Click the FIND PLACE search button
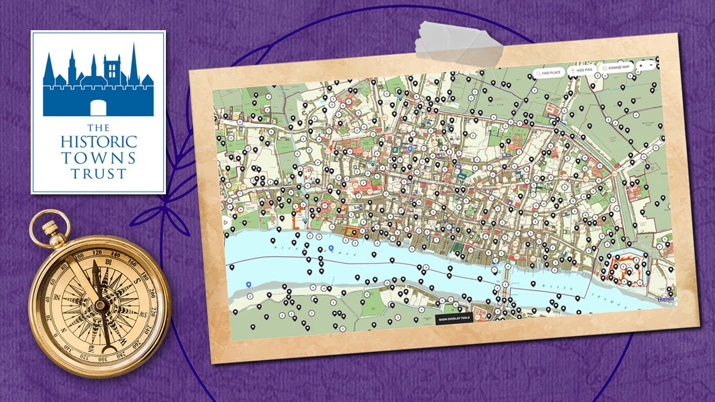click(x=547, y=73)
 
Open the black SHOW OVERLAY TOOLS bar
click(x=454, y=318)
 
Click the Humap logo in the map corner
click(x=666, y=299)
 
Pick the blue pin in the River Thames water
click(x=331, y=248)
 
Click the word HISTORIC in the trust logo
click(x=98, y=141)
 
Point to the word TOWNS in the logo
click(x=98, y=158)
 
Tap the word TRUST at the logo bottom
click(x=98, y=174)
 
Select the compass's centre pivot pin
click(x=100, y=305)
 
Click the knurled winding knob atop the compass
click(x=49, y=227)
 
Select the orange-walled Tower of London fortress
click(x=624, y=270)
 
